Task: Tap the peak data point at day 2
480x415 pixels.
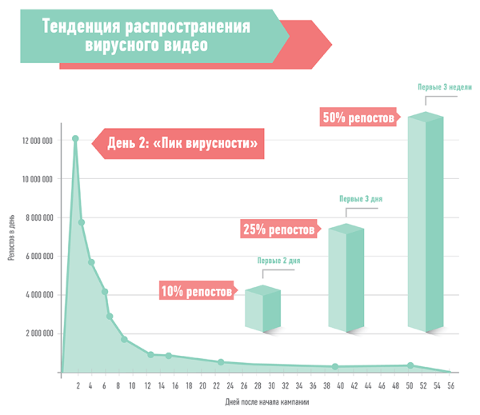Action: tap(75, 138)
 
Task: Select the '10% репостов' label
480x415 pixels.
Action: tap(196, 292)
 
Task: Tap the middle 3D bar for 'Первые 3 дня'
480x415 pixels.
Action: tap(346, 277)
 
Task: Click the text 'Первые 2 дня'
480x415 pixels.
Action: tap(278, 261)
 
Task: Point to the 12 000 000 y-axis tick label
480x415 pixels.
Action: tap(37, 141)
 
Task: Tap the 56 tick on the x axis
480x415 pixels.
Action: tap(450, 385)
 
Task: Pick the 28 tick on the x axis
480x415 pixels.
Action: tap(258, 385)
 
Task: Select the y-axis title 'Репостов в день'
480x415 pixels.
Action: tap(11, 237)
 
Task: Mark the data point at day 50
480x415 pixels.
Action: tap(410, 365)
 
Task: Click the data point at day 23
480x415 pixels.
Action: tap(221, 362)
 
